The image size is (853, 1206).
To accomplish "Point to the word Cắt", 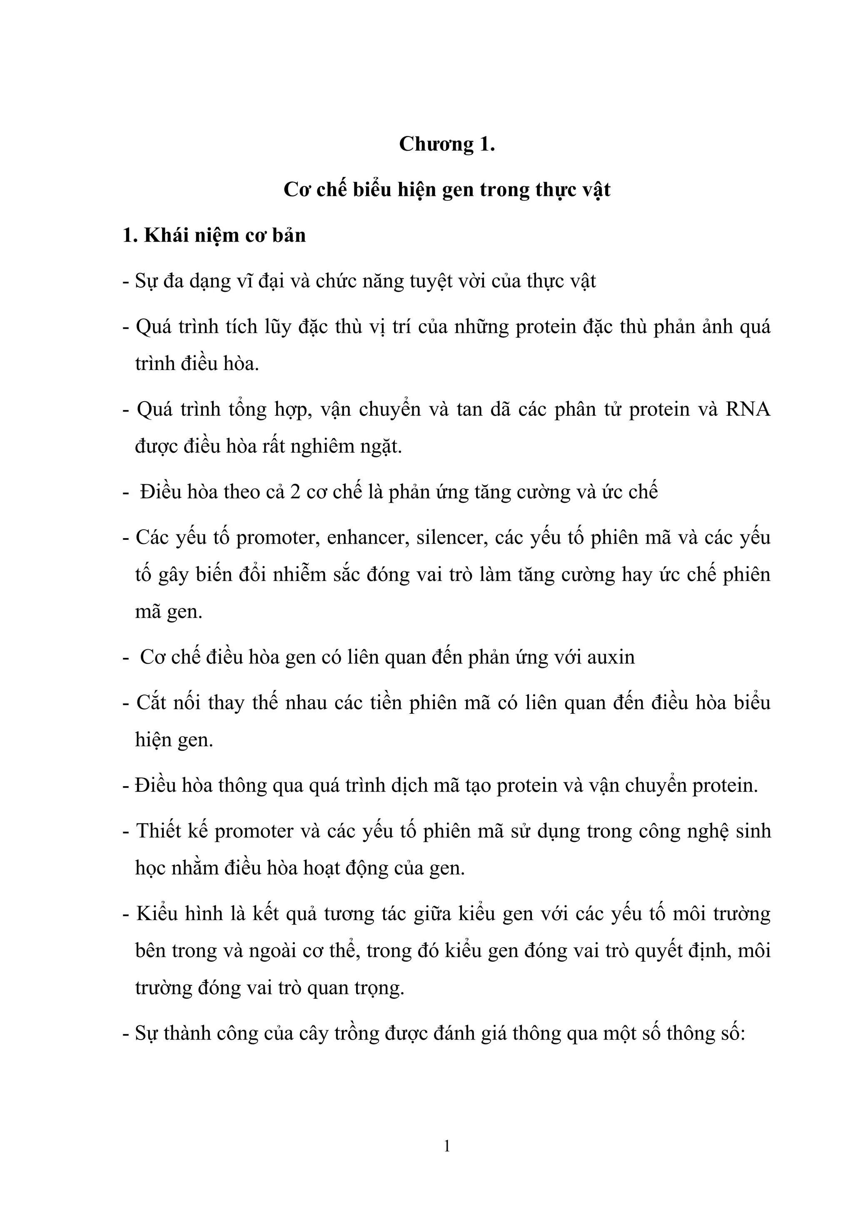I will [152, 703].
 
